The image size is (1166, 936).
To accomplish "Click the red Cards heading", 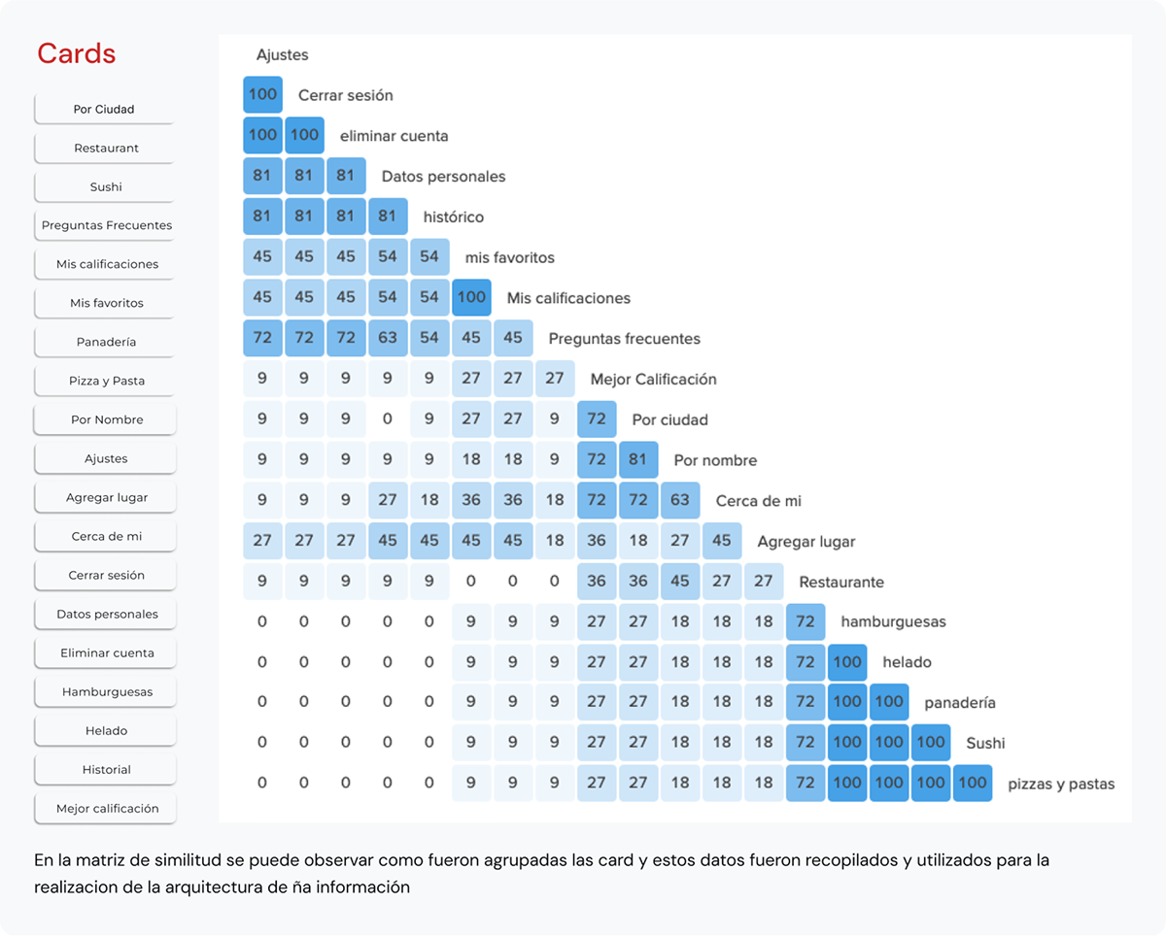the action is pyautogui.click(x=77, y=53).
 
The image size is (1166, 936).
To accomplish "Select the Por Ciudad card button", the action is pyautogui.click(x=104, y=109).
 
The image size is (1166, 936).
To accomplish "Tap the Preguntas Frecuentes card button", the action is pyautogui.click(x=106, y=225).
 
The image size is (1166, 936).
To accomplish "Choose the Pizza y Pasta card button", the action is pyautogui.click(x=106, y=381).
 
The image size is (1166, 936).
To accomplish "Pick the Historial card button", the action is pyautogui.click(x=106, y=769).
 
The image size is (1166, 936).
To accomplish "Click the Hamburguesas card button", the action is pyautogui.click(x=106, y=691).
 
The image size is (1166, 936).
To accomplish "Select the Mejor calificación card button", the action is pyautogui.click(x=106, y=808).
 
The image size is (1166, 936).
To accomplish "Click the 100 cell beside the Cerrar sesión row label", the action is pyautogui.click(x=262, y=94).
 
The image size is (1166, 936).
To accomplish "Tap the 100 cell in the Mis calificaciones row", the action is pyautogui.click(x=471, y=297).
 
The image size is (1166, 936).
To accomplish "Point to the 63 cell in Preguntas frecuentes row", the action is pyautogui.click(x=388, y=338).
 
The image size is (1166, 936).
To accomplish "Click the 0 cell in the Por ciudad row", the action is pyautogui.click(x=388, y=419).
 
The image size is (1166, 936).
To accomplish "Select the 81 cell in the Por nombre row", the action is pyautogui.click(x=638, y=459).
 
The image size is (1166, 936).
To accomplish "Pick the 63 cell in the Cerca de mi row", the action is pyautogui.click(x=680, y=500).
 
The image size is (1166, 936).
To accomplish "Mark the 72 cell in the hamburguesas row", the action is pyautogui.click(x=806, y=621).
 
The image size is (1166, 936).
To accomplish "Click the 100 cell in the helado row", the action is pyautogui.click(x=847, y=662).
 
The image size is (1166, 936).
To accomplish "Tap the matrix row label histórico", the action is pyautogui.click(x=454, y=217).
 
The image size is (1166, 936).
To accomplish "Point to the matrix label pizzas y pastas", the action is pyautogui.click(x=1061, y=784).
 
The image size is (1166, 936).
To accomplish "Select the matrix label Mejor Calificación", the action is pyautogui.click(x=653, y=379).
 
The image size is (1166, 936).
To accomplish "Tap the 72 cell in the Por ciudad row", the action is pyautogui.click(x=597, y=419).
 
